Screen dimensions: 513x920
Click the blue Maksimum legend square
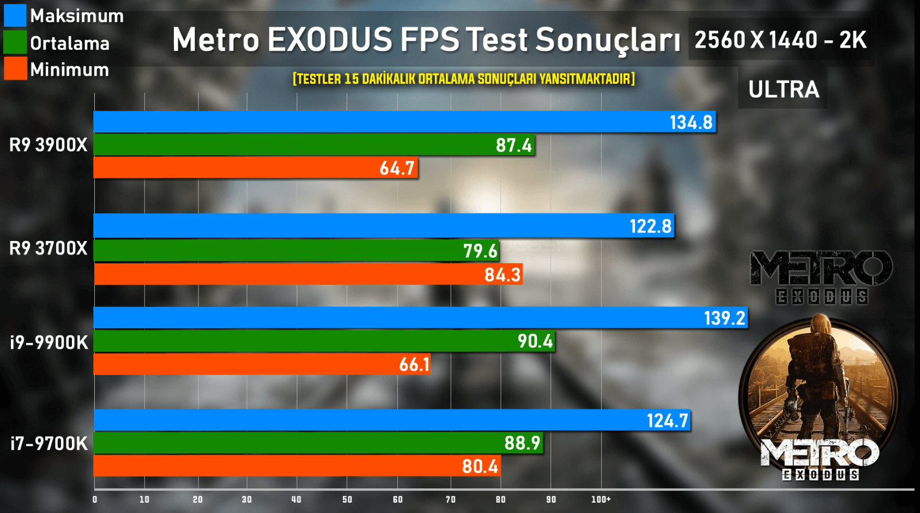click(x=15, y=15)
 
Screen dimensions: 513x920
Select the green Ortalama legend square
click(x=15, y=43)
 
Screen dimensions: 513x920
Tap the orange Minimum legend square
click(x=15, y=69)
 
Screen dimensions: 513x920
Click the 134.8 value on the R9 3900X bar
click(x=691, y=122)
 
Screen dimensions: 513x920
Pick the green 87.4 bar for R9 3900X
click(x=314, y=145)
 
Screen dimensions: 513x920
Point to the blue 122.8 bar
click(x=384, y=226)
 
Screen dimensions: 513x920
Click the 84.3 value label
click(x=502, y=274)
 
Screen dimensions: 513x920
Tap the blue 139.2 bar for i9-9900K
click(x=420, y=318)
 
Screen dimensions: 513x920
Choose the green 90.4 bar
click(x=324, y=341)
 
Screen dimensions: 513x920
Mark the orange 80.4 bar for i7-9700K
click(x=297, y=466)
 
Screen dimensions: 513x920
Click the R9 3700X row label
click(x=48, y=249)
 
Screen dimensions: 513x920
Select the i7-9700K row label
click(x=49, y=444)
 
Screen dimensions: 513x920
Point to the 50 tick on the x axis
click(x=347, y=499)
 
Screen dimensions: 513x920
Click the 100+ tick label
click(x=601, y=499)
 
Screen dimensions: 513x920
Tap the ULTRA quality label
click(x=783, y=89)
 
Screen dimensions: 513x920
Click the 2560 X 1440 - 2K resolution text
click(x=780, y=40)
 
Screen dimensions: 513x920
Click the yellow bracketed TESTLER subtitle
click(x=463, y=79)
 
